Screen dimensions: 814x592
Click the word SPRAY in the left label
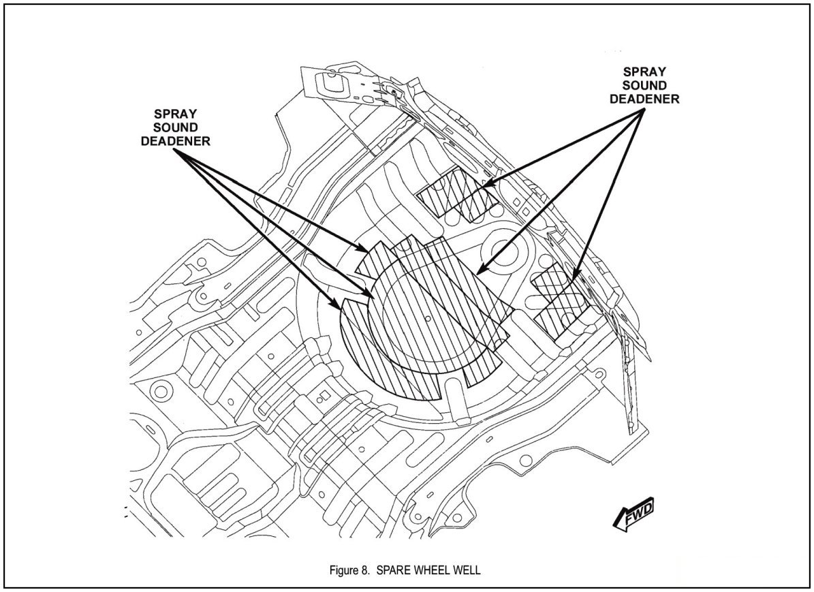175,112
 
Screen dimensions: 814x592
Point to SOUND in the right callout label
644,84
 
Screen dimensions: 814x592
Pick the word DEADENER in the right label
644,99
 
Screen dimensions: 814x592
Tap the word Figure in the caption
345,570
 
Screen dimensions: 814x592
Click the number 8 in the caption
366,570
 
